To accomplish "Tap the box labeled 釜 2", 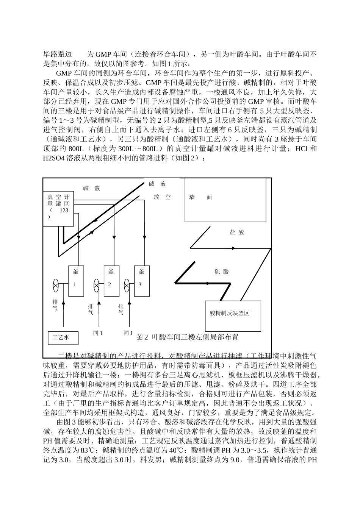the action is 112,281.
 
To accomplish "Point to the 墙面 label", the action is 201,197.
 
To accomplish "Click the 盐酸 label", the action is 237,232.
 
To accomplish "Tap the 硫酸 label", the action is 222,272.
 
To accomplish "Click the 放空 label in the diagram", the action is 163,197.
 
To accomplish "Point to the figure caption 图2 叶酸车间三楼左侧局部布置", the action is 187,337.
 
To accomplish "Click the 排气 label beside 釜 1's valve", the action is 55,305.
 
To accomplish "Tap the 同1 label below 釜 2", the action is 98,333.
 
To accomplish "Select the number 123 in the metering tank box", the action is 64,210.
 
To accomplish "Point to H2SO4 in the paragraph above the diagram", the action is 54,158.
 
